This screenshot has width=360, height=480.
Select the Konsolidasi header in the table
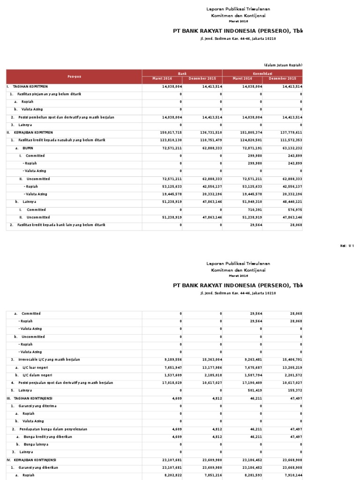click(262, 73)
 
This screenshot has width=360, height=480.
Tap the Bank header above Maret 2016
click(182, 73)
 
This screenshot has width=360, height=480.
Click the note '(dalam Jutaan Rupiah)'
click(283, 65)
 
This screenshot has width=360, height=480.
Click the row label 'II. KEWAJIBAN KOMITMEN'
click(30, 133)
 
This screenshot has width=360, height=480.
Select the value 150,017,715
click(171, 133)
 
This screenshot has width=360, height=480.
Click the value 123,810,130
click(171, 140)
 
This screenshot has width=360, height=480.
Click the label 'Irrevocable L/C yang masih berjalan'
click(49, 360)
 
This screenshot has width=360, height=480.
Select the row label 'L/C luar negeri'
click(35, 367)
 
